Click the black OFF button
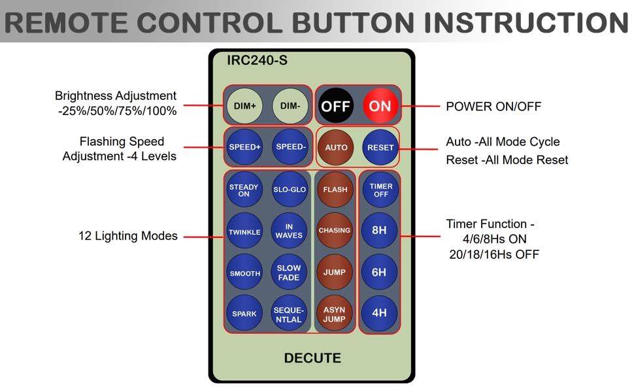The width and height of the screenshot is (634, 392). click(336, 106)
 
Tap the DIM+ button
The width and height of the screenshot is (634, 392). click(244, 106)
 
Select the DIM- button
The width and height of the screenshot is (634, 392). click(290, 106)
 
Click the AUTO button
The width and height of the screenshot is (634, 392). click(336, 147)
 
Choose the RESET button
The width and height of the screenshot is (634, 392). click(380, 147)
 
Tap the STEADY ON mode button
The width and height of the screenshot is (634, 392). click(244, 190)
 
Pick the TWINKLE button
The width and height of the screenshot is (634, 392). click(244, 232)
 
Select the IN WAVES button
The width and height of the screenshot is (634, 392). click(289, 232)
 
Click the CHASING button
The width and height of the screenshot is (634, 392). click(335, 231)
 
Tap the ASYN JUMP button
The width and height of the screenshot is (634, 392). click(335, 314)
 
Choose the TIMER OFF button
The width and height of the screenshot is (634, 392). click(380, 190)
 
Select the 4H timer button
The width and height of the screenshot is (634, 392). click(379, 313)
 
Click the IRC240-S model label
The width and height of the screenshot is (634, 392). click(257, 61)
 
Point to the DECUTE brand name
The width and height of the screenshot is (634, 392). click(312, 358)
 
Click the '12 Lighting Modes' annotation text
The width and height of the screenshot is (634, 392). click(128, 236)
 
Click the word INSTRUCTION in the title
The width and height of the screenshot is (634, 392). click(526, 23)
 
